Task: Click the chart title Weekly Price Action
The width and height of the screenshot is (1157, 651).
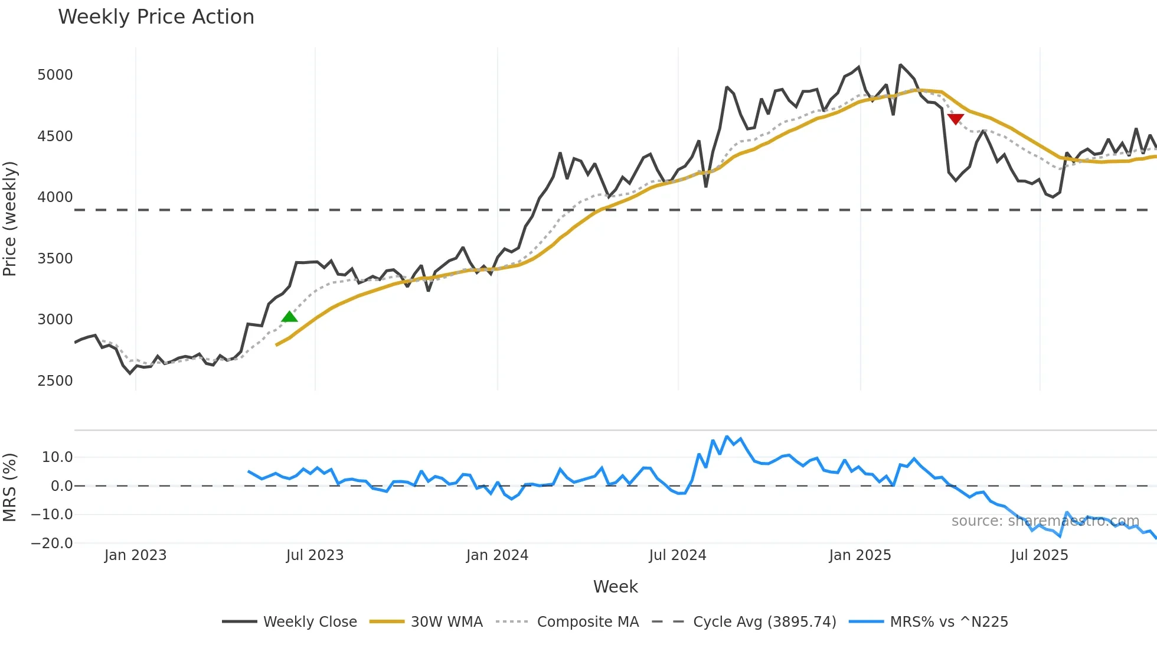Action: (156, 17)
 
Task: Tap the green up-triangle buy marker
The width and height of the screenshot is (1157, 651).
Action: (289, 317)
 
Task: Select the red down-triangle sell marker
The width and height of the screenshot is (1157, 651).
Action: (955, 119)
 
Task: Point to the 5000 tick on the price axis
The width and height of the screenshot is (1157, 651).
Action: (55, 75)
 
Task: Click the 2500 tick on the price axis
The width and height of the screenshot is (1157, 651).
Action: (55, 381)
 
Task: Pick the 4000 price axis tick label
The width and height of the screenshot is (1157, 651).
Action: (55, 197)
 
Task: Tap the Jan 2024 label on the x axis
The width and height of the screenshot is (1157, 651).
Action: (497, 555)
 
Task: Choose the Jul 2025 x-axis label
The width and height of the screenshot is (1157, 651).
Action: (1039, 555)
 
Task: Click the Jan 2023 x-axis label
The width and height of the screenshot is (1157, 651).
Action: (135, 555)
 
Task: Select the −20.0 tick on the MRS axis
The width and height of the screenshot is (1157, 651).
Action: (52, 543)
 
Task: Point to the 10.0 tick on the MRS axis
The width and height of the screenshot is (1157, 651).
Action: (57, 457)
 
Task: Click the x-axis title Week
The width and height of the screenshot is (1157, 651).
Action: (615, 587)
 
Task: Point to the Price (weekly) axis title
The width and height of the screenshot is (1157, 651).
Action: (10, 219)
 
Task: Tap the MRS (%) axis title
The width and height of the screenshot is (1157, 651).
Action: (10, 487)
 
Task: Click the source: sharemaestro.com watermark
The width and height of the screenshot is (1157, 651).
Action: (1045, 521)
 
